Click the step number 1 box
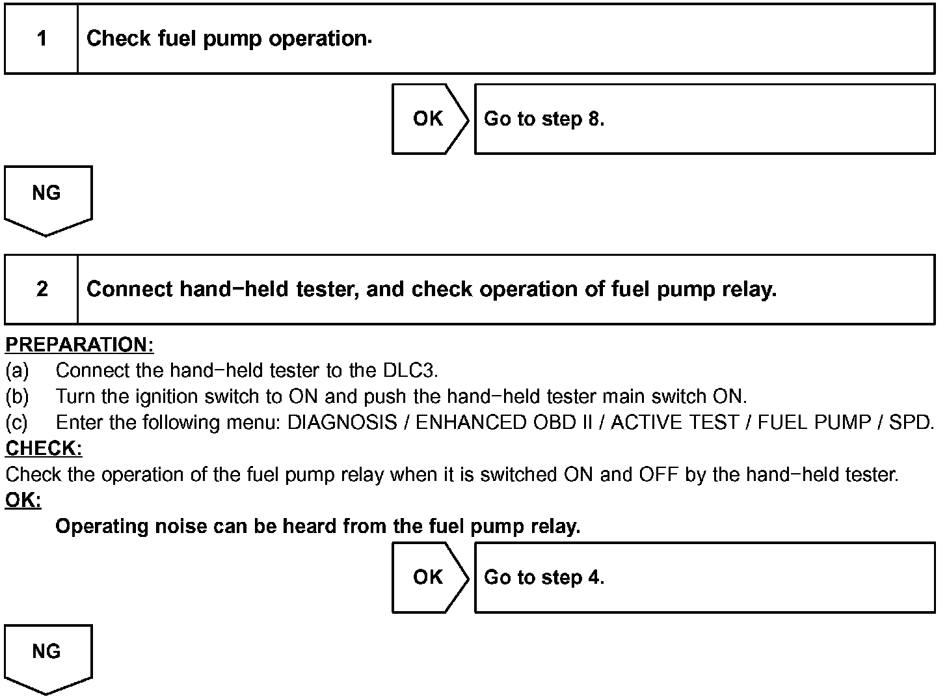42,38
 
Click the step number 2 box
42,289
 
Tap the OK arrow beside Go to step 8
429,119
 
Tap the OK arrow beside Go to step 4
429,577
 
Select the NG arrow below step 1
47,197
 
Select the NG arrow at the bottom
47,656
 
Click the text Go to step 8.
544,119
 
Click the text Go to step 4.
544,577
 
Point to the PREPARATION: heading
79,344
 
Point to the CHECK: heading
44,448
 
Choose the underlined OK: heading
23,500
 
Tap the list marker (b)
17,396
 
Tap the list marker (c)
17,422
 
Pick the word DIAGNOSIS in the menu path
342,422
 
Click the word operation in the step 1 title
318,38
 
